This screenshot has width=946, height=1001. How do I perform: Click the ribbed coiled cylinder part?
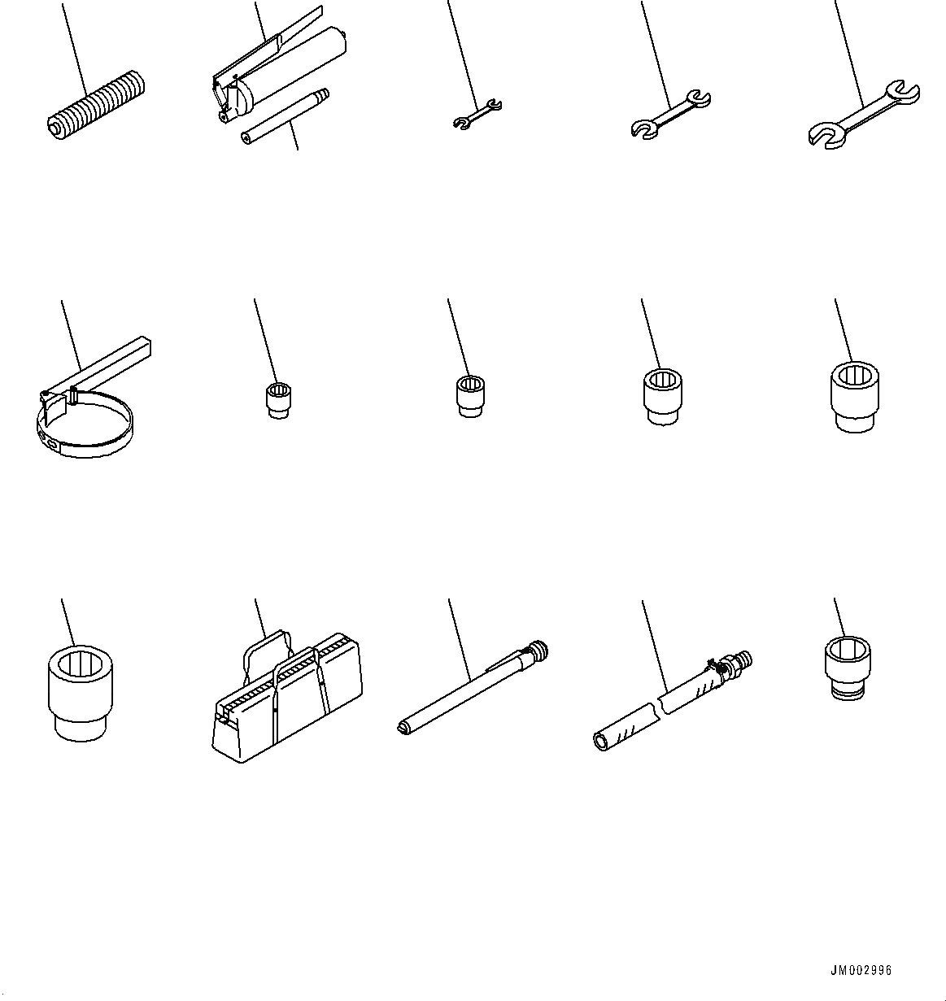[96, 105]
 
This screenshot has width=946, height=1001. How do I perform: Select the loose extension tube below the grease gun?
[285, 117]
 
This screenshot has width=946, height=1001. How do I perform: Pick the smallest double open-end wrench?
[477, 114]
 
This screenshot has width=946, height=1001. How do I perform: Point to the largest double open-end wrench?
[864, 115]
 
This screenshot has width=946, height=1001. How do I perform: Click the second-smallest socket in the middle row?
[471, 396]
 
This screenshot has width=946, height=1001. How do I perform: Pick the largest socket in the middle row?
[854, 397]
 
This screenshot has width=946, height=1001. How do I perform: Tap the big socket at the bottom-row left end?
[81, 694]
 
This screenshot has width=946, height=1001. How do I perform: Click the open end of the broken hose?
[601, 742]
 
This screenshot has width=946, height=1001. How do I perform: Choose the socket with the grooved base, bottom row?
[848, 669]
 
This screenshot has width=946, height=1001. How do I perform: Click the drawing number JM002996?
[861, 970]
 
